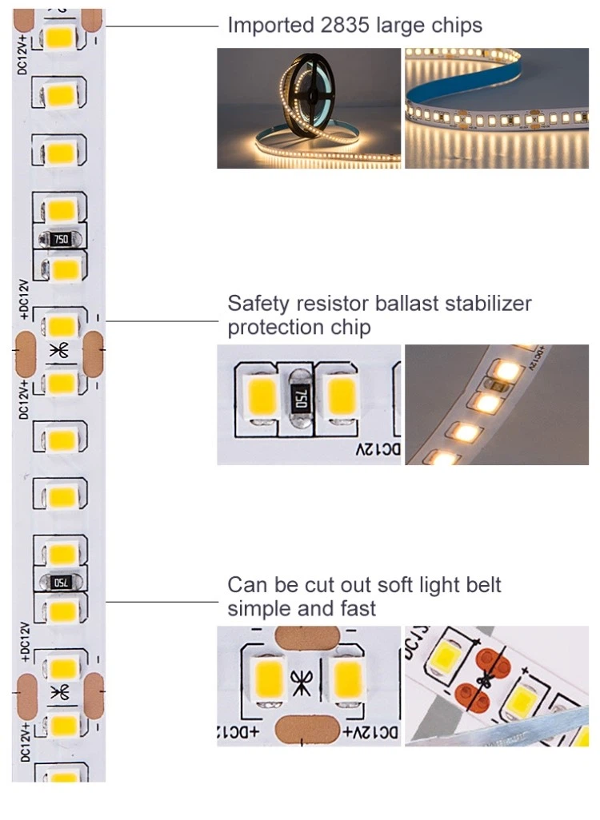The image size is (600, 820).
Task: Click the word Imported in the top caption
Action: click(267, 26)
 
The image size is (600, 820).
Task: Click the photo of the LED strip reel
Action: click(309, 108)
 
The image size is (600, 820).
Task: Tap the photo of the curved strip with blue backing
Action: click(496, 108)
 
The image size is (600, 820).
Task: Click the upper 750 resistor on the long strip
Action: click(60, 238)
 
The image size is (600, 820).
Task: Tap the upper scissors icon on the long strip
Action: click(59, 350)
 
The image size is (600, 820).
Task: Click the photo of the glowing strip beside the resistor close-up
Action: click(496, 404)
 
